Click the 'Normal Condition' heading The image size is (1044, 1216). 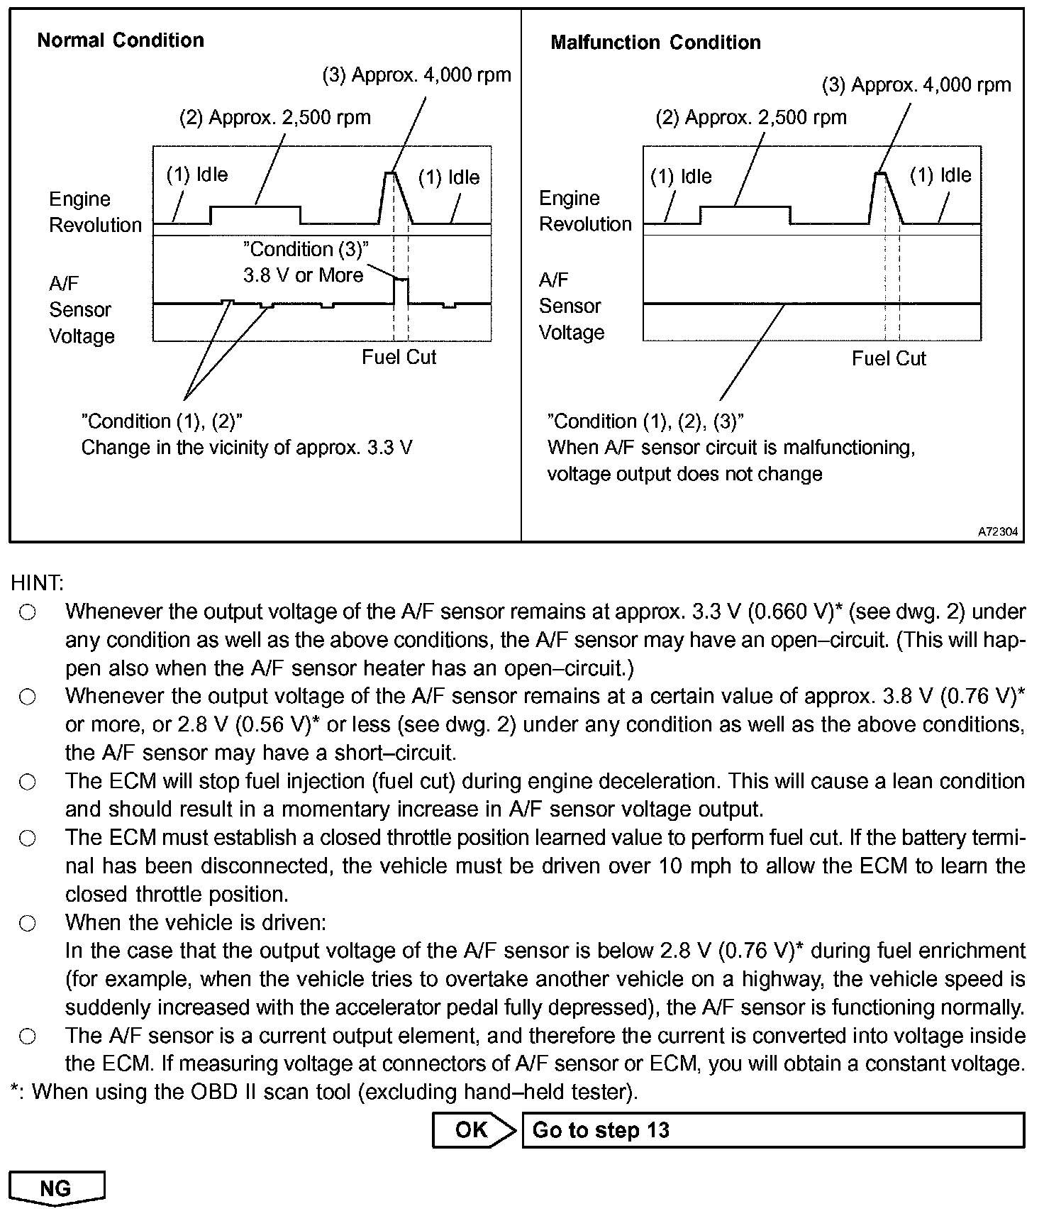point(121,40)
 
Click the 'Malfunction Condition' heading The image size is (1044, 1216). point(655,43)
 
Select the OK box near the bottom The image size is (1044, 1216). point(472,1130)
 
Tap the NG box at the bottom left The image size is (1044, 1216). point(56,1188)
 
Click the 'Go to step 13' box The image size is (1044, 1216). point(772,1130)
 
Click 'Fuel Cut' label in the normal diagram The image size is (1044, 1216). point(399,357)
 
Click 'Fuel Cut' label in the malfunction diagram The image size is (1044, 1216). point(889,358)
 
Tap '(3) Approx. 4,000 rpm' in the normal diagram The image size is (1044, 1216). point(417,75)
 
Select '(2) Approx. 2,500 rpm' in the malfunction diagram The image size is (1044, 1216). point(750,118)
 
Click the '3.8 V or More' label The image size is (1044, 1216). point(304,275)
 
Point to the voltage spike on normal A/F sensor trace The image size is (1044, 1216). point(401,282)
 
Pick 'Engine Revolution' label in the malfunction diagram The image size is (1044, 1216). point(585,211)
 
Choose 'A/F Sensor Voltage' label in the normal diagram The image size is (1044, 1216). point(81,310)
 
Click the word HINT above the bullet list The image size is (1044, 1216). point(37,583)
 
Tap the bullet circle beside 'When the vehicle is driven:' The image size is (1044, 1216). point(28,923)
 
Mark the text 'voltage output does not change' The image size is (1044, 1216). point(684,474)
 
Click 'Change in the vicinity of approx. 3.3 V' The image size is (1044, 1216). point(247,448)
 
